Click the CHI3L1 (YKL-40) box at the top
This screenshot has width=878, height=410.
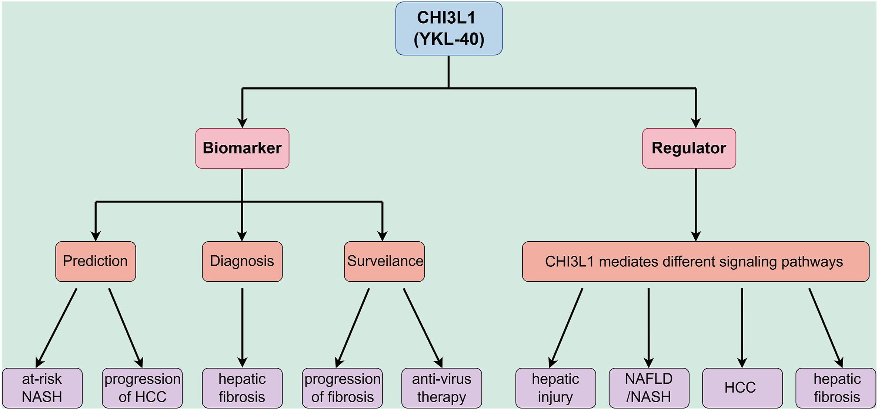coord(449,28)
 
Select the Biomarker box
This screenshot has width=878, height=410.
coord(242,148)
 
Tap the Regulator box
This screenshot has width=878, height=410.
coord(689,148)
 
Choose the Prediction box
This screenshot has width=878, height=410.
coord(96,262)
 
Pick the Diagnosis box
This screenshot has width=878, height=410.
coord(242,262)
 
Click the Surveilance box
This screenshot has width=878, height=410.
coord(384,262)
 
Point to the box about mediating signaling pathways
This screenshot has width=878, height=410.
coord(695,262)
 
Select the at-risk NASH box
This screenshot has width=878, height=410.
coord(42,388)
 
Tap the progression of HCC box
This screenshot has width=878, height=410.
coord(142,388)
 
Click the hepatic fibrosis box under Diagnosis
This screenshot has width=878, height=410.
coord(242,388)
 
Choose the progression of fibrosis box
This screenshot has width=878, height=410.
coord(342,388)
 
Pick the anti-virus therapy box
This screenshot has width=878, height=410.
coord(441,388)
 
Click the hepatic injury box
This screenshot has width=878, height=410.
coord(555,388)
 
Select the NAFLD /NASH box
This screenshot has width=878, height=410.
coord(649,388)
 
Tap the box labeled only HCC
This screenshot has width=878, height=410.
coord(742,388)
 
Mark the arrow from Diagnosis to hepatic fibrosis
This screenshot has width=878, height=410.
coord(242,328)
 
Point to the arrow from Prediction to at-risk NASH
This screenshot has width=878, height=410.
coord(56,328)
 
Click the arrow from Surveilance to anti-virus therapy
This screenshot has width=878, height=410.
coord(423,328)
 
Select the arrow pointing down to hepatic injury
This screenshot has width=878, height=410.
coord(566,328)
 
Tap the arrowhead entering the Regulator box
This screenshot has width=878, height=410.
coord(696,123)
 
